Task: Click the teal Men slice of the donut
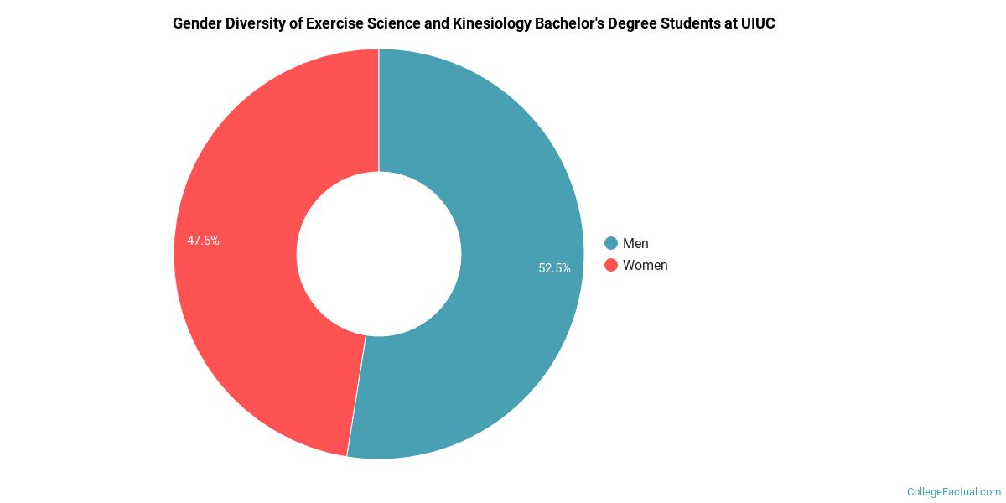[503, 168]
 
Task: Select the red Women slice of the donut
[243, 319]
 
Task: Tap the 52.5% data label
[554, 268]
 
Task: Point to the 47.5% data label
[203, 241]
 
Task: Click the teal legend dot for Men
[611, 243]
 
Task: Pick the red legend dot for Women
[611, 265]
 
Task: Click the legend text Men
[635, 243]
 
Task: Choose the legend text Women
[645, 265]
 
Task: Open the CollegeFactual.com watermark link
[954, 491]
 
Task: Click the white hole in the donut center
[379, 253]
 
